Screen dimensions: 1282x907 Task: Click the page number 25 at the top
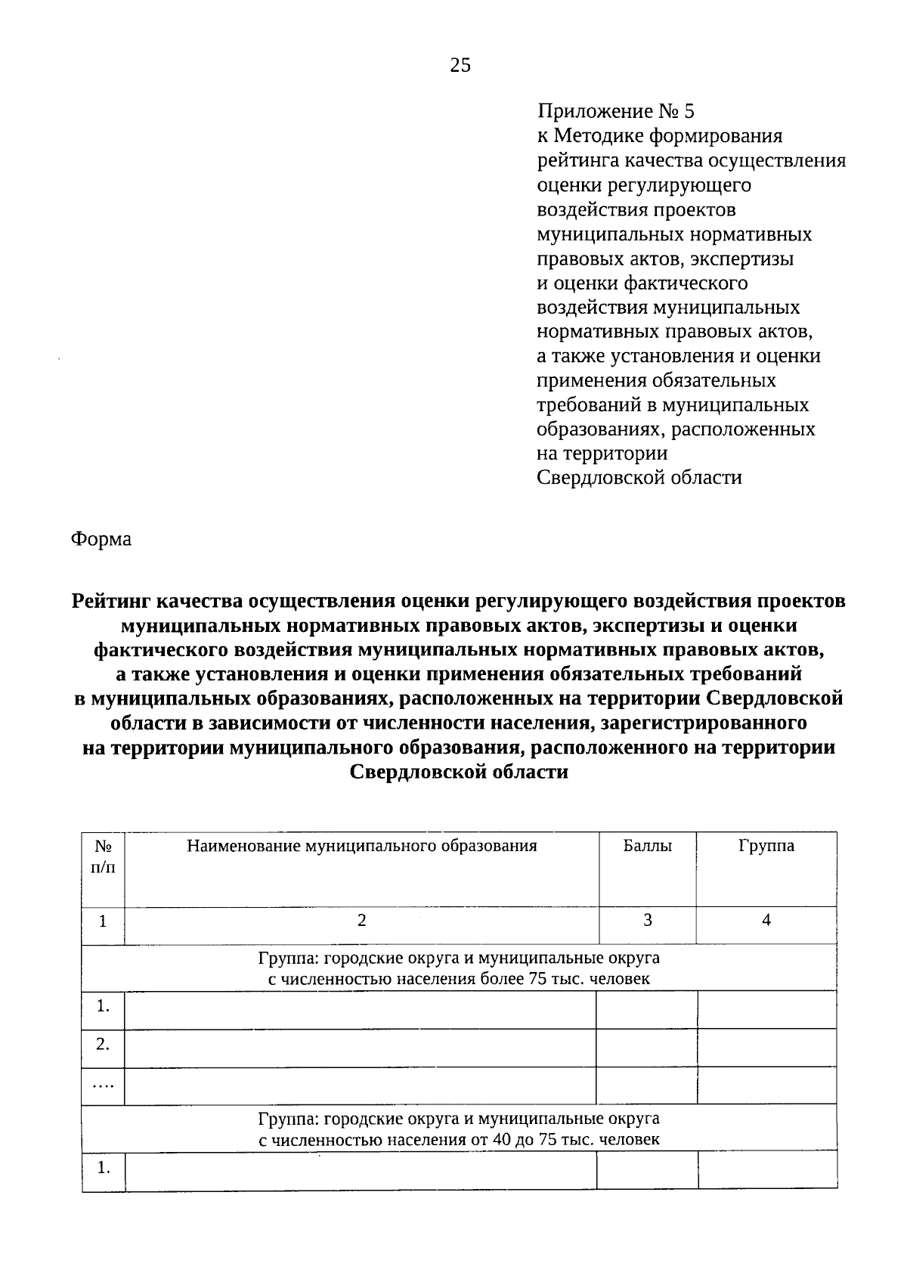pos(460,66)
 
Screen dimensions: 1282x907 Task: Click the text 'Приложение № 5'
pos(615,112)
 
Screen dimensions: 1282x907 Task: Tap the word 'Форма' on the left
pos(101,539)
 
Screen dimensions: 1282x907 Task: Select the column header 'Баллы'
pos(647,846)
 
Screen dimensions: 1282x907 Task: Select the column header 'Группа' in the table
pos(766,846)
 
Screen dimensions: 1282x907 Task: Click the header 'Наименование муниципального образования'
pos(361,846)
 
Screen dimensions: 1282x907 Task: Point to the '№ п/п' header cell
pos(104,856)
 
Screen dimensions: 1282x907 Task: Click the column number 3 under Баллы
pos(647,920)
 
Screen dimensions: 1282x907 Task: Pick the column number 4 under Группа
pos(766,920)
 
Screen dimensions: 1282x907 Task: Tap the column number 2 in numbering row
pos(361,920)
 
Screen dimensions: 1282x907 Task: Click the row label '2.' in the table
pos(104,1044)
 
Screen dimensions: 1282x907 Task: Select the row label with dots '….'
pos(104,1085)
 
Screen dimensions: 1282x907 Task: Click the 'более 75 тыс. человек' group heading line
pos(459,980)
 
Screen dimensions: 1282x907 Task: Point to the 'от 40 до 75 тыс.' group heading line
pos(459,1139)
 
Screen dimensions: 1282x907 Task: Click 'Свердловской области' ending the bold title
pos(459,773)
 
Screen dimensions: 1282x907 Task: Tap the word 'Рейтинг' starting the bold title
pos(110,601)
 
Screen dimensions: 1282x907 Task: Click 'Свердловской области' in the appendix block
pos(639,478)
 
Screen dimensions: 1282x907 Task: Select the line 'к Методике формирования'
pos(659,136)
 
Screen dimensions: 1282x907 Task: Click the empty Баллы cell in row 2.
pos(647,1048)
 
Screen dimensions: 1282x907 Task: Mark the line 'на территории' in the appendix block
pos(602,454)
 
